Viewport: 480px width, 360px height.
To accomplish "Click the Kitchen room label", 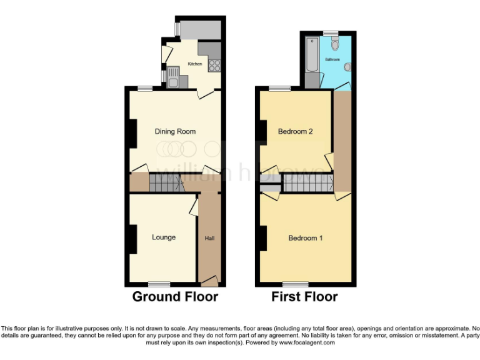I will click(x=195, y=64).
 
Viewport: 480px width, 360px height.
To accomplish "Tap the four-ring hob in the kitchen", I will click(x=214, y=63).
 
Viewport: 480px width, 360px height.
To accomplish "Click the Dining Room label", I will click(x=175, y=131).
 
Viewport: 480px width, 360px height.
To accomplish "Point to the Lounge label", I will click(x=164, y=237).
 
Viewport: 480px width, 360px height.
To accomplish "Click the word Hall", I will click(x=210, y=238).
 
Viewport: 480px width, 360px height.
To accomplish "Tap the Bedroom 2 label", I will click(x=296, y=131).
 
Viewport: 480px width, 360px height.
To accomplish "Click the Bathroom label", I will click(x=332, y=59).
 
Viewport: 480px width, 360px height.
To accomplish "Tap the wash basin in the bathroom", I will click(x=347, y=67).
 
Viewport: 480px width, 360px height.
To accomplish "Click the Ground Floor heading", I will click(x=175, y=297).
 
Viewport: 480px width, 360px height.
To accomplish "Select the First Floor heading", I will click(x=304, y=297).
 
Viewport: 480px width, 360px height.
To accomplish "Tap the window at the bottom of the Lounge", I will click(x=159, y=284).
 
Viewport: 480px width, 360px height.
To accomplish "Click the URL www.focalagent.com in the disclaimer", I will click(x=307, y=342).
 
